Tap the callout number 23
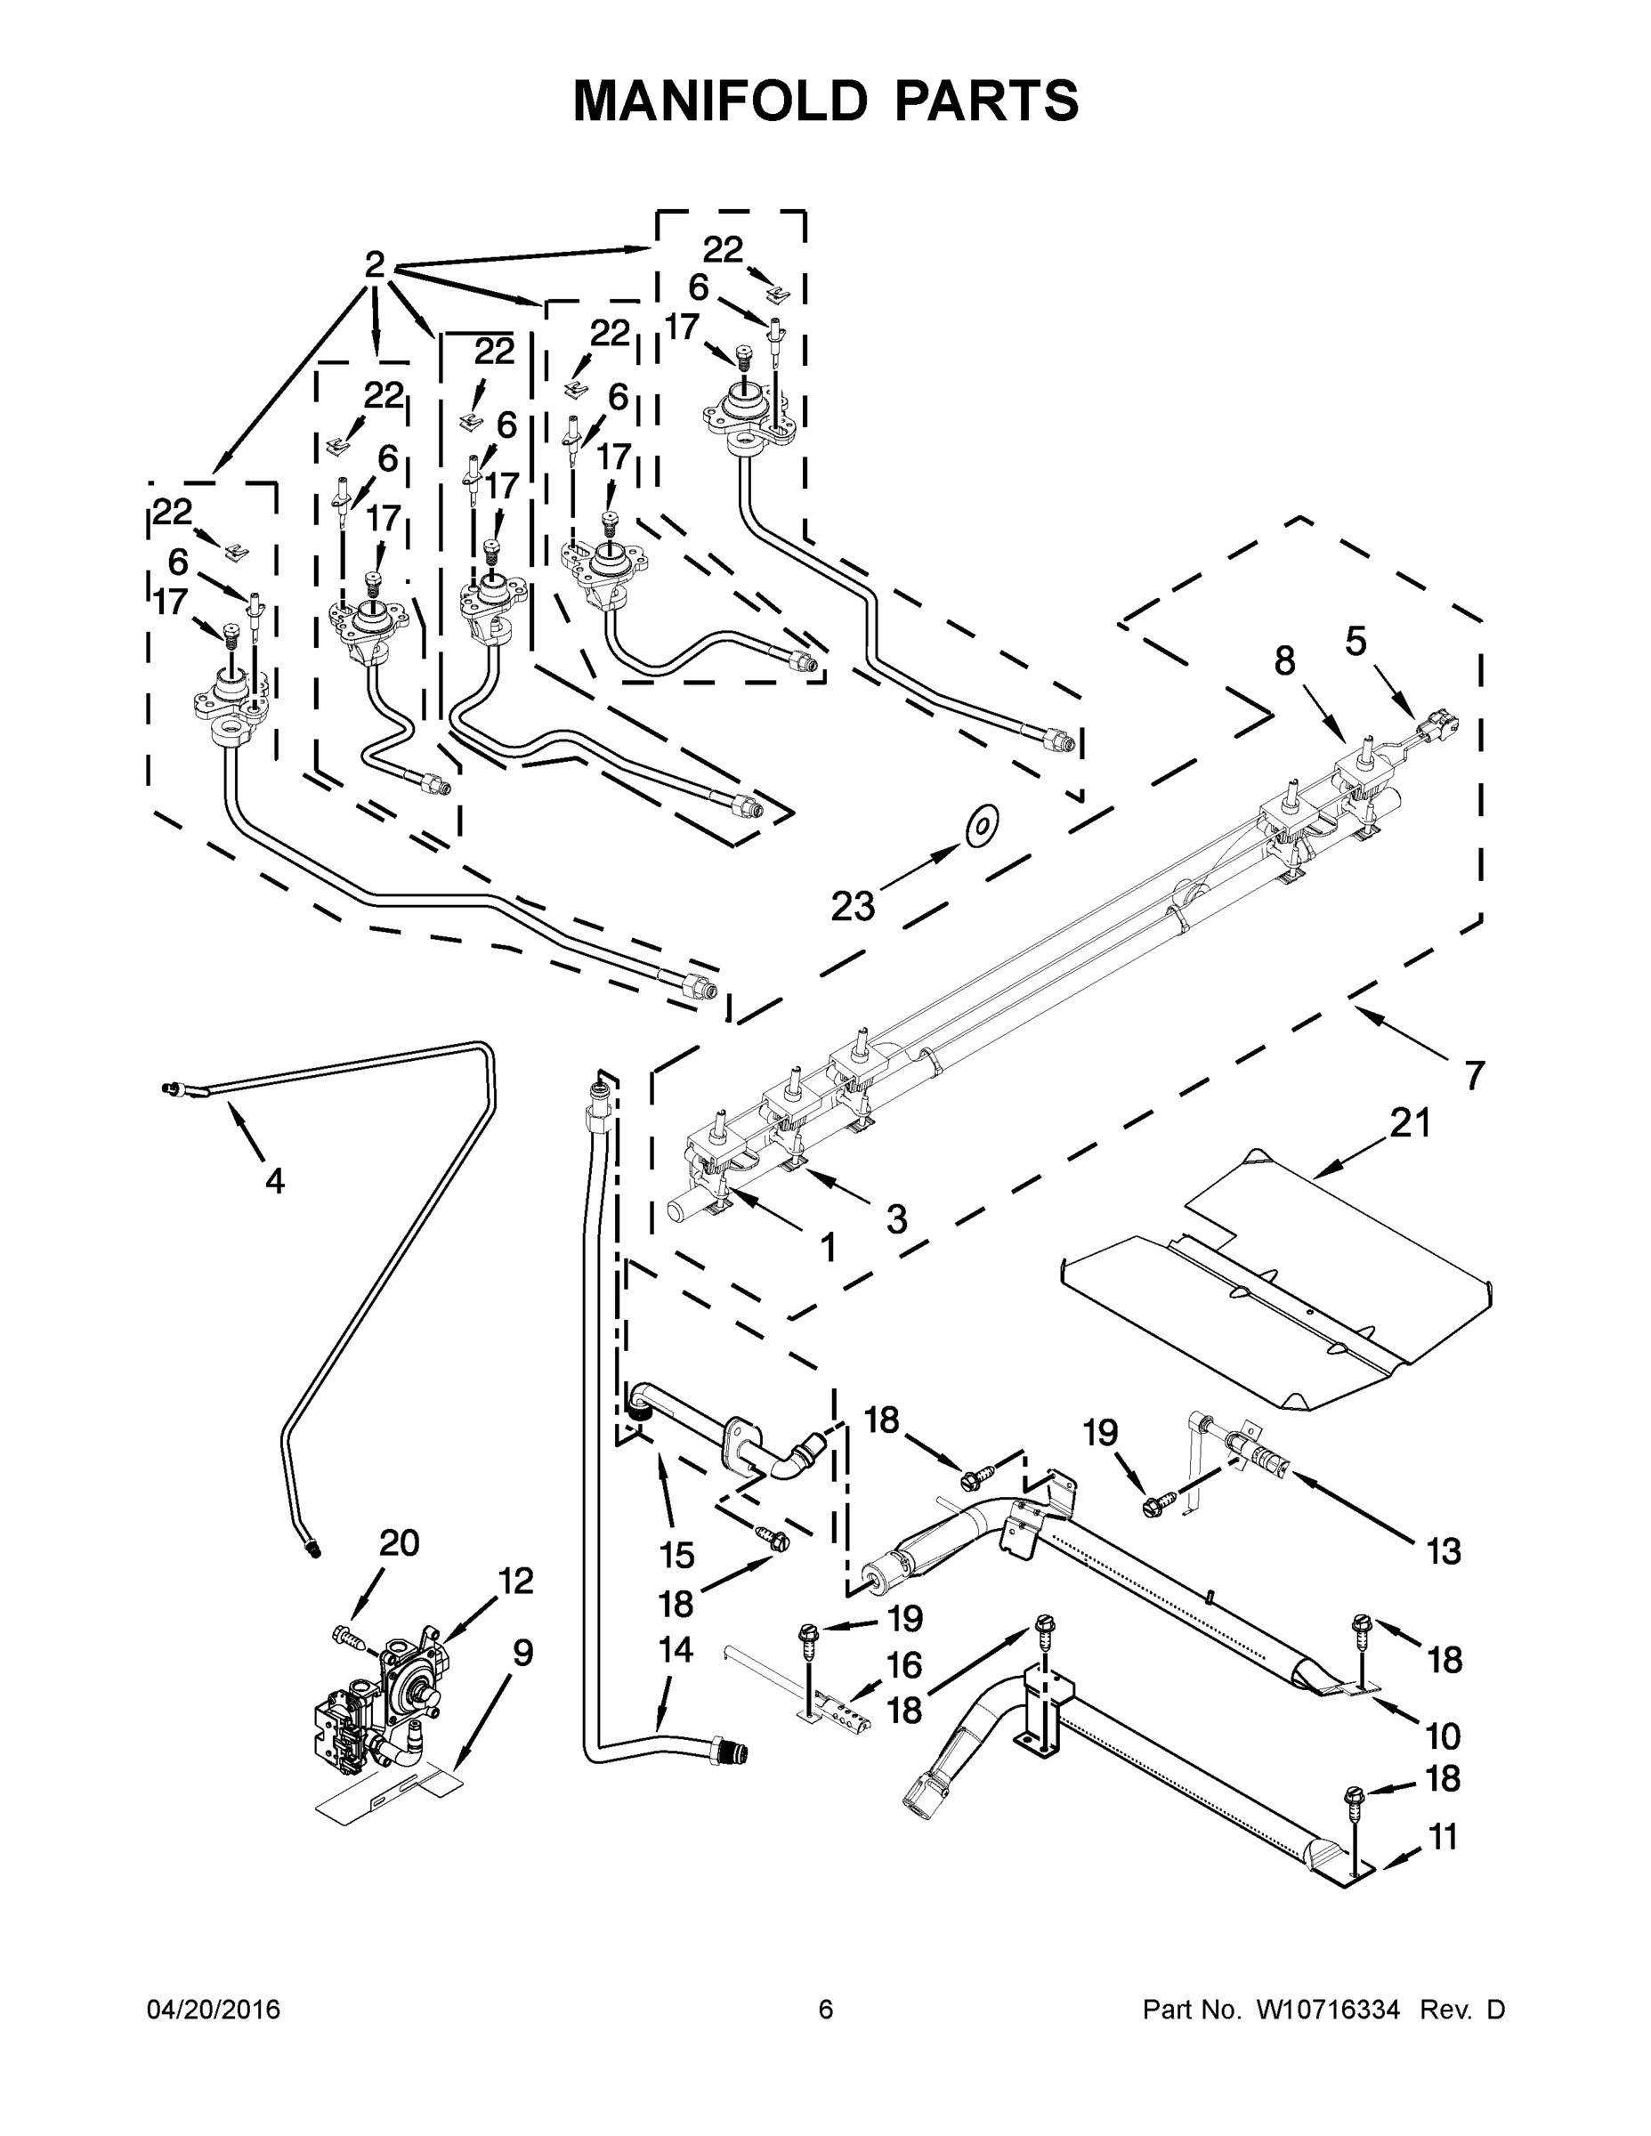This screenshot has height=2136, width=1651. pyautogui.click(x=852, y=907)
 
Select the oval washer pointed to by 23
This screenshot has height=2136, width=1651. pyautogui.click(x=981, y=828)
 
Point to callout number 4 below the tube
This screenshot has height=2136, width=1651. pyautogui.click(x=275, y=1181)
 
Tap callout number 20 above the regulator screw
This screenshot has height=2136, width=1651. pyautogui.click(x=399, y=1542)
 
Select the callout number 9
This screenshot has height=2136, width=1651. pyautogui.click(x=522, y=1653)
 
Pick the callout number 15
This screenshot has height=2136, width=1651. pyautogui.click(x=676, y=1554)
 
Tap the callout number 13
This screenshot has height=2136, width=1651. pyautogui.click(x=1444, y=1551)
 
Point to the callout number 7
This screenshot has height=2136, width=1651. pyautogui.click(x=1474, y=1075)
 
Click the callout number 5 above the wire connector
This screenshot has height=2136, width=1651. pyautogui.click(x=1356, y=642)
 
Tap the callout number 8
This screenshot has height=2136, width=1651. pyautogui.click(x=1284, y=662)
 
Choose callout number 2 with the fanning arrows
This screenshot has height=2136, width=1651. pyautogui.click(x=375, y=264)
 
